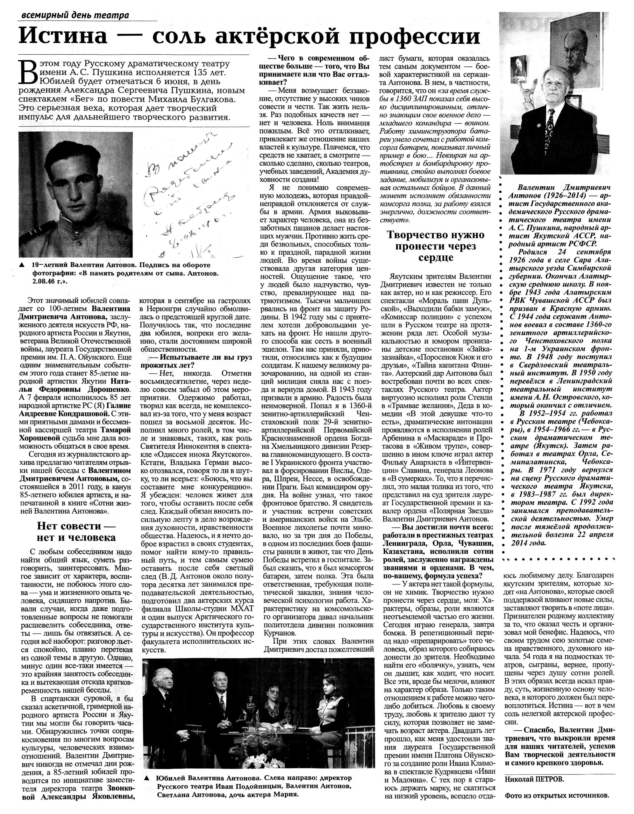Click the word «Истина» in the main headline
(63, 36)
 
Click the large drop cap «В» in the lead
(28, 73)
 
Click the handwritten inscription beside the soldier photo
(187, 197)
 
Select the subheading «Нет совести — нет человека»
(77, 532)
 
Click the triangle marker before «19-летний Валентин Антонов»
(22, 265)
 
